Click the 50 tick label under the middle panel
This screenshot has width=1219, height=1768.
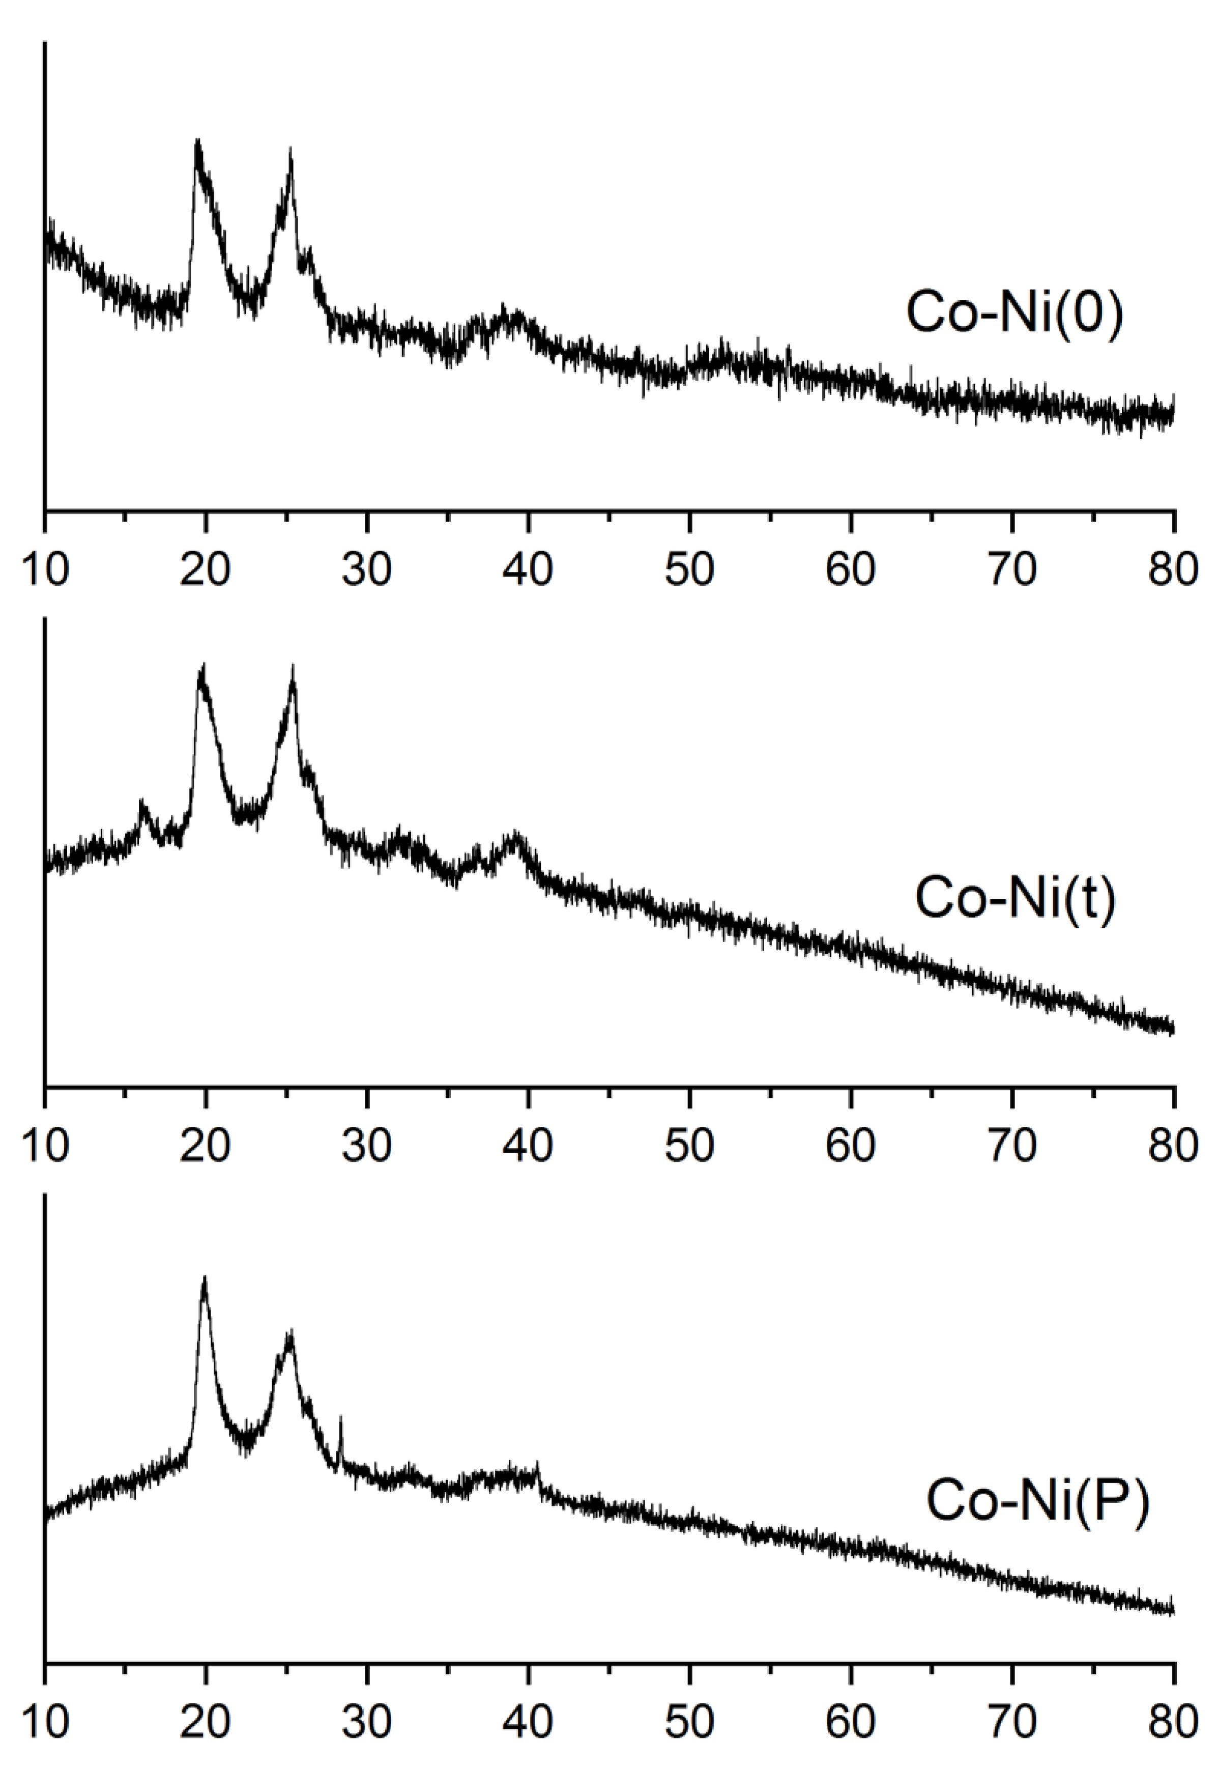point(690,1147)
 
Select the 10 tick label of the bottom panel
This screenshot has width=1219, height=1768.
point(45,1723)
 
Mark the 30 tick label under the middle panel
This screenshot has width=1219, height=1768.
point(367,1147)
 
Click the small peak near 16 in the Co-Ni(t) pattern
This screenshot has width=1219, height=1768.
point(141,802)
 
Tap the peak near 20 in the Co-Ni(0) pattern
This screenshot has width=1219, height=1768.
point(198,142)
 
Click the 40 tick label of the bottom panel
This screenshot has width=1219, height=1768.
point(529,1723)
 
